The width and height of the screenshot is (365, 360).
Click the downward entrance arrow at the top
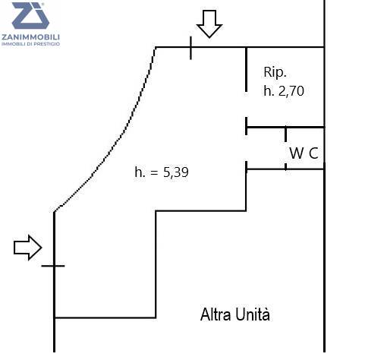(x=209, y=24)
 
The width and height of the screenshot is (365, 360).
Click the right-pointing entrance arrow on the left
(x=27, y=248)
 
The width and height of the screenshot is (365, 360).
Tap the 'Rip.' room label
(x=275, y=73)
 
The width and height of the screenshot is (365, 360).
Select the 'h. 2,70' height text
(x=284, y=91)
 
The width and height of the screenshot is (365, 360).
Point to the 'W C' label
(x=304, y=153)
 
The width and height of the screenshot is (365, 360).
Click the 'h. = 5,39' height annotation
(x=162, y=172)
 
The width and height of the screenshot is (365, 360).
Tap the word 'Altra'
(x=216, y=314)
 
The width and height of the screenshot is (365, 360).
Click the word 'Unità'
(x=253, y=314)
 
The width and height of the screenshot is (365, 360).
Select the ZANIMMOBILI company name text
(x=30, y=37)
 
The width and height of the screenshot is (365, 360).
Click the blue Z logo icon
(x=30, y=16)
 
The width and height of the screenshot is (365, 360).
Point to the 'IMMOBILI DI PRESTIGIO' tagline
(x=30, y=44)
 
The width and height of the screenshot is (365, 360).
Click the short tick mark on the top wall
(x=190, y=48)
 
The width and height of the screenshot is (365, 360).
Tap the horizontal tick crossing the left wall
(x=53, y=266)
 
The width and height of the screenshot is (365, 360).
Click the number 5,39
(x=176, y=172)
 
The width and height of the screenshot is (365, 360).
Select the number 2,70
(x=291, y=91)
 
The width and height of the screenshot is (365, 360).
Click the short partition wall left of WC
(x=286, y=148)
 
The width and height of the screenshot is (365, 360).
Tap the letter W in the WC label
(x=297, y=153)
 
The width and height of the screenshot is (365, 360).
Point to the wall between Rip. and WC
(x=285, y=127)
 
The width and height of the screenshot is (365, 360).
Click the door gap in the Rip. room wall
(x=246, y=104)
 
